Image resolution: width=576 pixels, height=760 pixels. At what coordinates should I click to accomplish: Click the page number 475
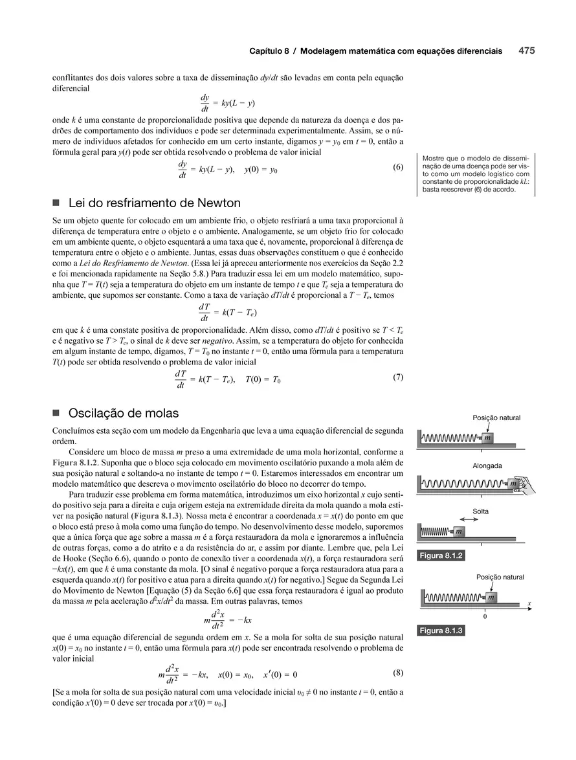[x=526, y=50]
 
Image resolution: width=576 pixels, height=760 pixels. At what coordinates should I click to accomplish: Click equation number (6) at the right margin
[x=398, y=167]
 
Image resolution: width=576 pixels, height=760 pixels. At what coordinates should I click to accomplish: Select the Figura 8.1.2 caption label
[x=441, y=555]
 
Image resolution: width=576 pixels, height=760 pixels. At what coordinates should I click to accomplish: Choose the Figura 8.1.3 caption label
[x=441, y=631]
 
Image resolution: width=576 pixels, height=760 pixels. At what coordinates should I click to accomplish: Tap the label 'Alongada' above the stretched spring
[x=487, y=465]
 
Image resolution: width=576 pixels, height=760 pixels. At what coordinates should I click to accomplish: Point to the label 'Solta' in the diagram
[x=480, y=511]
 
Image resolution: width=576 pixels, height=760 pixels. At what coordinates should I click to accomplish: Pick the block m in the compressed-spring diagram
[x=458, y=531]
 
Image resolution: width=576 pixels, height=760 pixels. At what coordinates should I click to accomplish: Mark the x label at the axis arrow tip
[x=529, y=603]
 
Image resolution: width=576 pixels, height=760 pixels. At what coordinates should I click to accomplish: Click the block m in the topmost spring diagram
[x=487, y=438]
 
